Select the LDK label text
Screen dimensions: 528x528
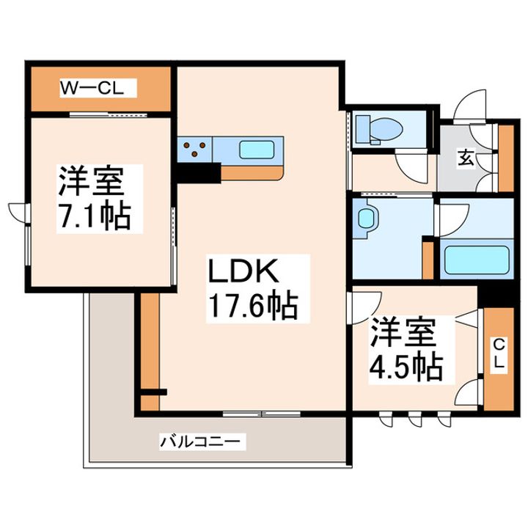[245, 273]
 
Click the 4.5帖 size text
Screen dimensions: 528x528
[406, 364]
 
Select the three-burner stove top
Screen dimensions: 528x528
[194, 150]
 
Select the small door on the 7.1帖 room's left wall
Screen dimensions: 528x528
[18, 210]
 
